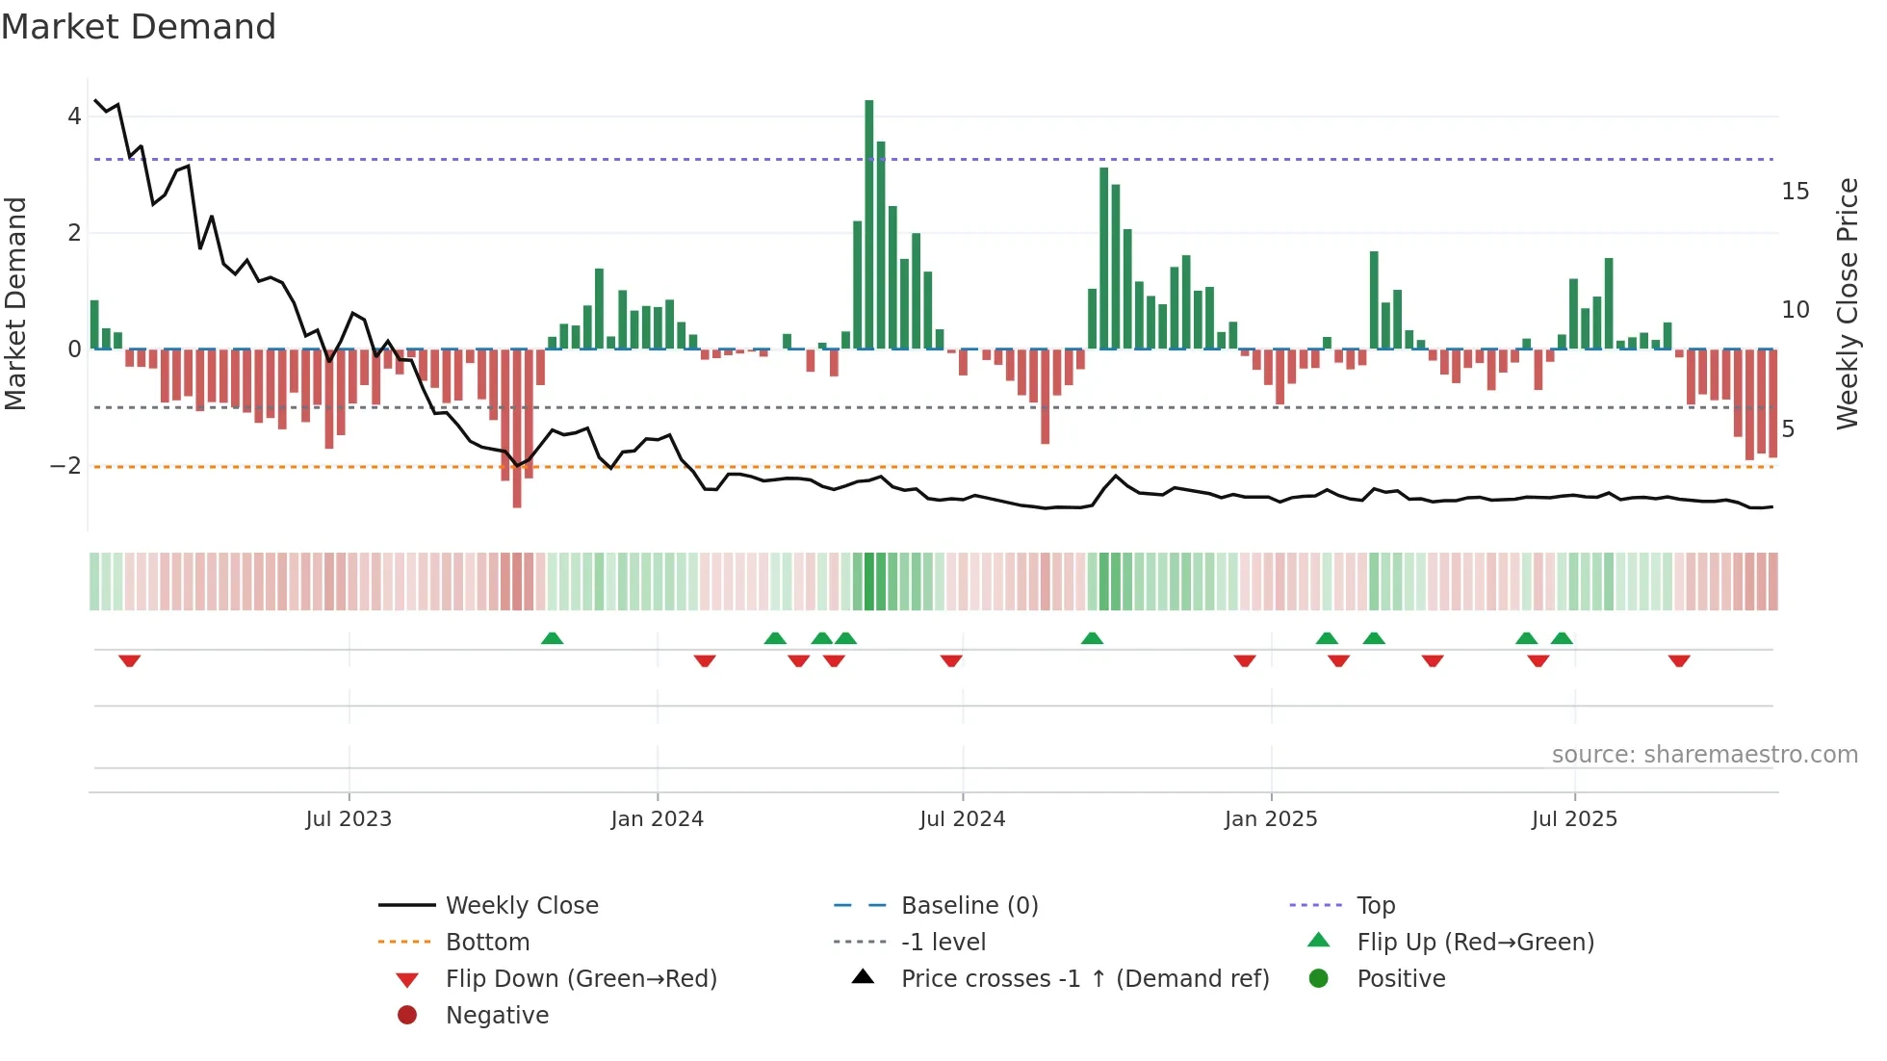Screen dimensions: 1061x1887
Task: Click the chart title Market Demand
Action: click(139, 27)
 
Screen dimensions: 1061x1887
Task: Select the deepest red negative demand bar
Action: click(517, 428)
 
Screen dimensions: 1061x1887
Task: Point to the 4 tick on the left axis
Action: click(74, 116)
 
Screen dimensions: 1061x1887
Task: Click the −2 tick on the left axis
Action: click(66, 466)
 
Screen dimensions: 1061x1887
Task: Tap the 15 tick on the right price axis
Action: click(1795, 192)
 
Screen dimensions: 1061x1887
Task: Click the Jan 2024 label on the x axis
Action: click(657, 819)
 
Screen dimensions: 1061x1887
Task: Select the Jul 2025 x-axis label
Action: click(1574, 819)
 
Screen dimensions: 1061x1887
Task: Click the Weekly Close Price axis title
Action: click(1847, 303)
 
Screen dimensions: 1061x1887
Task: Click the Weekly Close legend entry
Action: click(521, 906)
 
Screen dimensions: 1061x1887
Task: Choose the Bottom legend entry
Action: click(487, 943)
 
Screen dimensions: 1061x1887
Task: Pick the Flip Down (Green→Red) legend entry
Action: click(581, 979)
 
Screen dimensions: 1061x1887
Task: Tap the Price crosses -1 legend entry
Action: click(1084, 979)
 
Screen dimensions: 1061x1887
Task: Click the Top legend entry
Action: click(1375, 906)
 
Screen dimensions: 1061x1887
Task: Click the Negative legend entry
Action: click(497, 1016)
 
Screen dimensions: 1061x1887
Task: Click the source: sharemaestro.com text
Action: click(1704, 755)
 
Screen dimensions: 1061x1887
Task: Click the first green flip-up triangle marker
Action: click(552, 638)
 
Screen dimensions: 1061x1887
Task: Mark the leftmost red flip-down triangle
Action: click(130, 660)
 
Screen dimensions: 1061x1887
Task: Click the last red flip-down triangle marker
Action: click(1679, 660)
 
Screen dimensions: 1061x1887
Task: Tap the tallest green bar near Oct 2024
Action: click(1104, 258)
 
